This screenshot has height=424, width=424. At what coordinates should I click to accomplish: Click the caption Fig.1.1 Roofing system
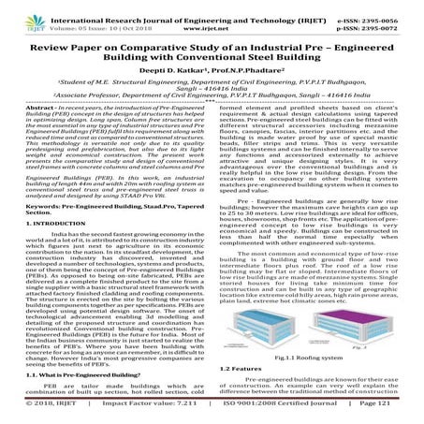(315, 359)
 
